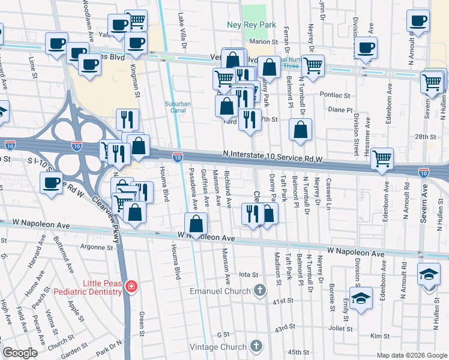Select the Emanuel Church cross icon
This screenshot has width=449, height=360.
coord(259,291)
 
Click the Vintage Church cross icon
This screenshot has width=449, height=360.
coord(256,346)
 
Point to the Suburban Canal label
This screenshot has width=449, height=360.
coord(178,107)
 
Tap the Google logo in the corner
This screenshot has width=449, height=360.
coord(20,353)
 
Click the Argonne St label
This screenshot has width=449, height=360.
coord(97,247)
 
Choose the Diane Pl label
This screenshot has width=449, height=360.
coord(340,110)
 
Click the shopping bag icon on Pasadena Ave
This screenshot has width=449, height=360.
coord(196,224)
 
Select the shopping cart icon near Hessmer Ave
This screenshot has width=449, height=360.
coord(382,159)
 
